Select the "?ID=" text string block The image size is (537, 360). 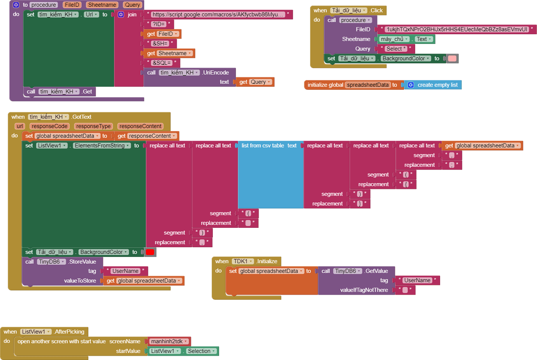coord(158,24)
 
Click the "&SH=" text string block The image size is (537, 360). coord(160,44)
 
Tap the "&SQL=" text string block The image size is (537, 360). coord(161,63)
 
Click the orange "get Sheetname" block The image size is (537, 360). coord(169,53)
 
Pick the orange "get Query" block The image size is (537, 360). coord(254,82)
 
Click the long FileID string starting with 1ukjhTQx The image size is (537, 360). coord(456,29)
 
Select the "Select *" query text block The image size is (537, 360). coord(396,49)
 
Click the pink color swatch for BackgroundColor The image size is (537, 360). coord(452,58)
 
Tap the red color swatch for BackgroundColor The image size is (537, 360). coord(150,252)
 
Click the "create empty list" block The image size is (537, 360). coord(437,85)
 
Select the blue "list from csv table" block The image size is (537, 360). coord(268,146)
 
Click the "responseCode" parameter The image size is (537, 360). coord(49,126)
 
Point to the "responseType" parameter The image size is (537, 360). coord(93,126)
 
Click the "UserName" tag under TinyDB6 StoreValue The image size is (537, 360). coord(125,271)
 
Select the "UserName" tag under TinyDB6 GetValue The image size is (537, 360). coord(417,280)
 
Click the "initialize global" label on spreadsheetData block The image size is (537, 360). coord(325,85)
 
